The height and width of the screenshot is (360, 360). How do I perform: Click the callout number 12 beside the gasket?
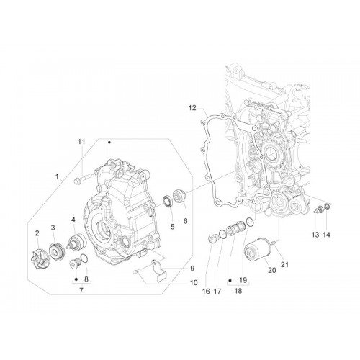pyautogui.click(x=192, y=108)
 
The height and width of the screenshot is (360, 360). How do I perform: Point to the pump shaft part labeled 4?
pyautogui.click(x=76, y=242)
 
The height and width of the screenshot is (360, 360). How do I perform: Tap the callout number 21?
pyautogui.click(x=284, y=265)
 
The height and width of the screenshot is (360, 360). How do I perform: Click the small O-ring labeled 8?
pyautogui.click(x=84, y=258)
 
